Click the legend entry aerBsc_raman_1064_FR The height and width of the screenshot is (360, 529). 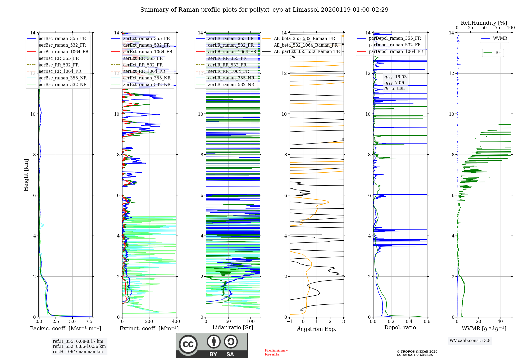tap(63, 52)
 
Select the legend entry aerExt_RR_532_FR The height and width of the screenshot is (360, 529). tap(143, 65)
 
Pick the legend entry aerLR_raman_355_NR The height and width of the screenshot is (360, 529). tap(231, 78)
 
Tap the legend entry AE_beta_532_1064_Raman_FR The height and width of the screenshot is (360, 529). tap(305, 45)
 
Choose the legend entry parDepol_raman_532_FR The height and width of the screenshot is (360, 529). tap(395, 45)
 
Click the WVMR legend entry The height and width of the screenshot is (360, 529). tap(500, 38)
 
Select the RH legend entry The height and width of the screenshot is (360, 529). tap(498, 53)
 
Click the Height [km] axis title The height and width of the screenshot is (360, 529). tap(26, 175)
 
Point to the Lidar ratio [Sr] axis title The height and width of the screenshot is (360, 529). tap(232, 327)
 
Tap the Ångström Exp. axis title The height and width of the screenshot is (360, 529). tap(317, 329)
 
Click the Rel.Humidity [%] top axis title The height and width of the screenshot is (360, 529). tap(484, 23)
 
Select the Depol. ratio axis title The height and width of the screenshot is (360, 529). tap(400, 327)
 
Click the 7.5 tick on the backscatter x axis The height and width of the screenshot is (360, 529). tap(89, 321)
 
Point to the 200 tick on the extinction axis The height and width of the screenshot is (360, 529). tap(149, 321)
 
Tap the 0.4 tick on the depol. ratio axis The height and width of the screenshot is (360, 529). tap(409, 321)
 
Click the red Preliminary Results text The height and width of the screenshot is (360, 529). tap(276, 352)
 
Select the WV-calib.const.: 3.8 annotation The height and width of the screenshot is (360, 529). tap(470, 341)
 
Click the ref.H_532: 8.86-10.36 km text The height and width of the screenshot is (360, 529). tap(79, 346)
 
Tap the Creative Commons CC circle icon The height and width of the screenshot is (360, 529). tap(188, 344)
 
